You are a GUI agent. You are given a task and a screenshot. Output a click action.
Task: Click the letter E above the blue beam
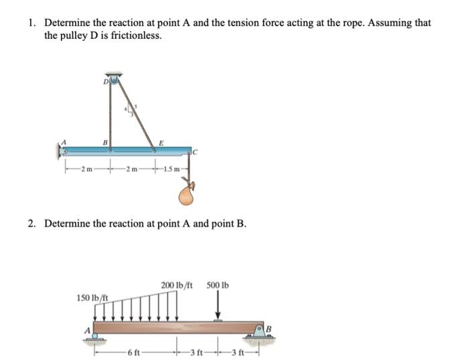click(159, 141)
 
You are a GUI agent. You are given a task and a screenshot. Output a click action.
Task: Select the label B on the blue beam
click(104, 142)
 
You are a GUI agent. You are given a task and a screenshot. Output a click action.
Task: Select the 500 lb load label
click(218, 286)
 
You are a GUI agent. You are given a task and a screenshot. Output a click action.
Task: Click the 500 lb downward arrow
click(218, 308)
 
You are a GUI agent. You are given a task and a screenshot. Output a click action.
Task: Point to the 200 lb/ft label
click(178, 286)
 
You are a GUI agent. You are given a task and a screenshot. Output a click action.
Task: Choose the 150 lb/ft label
click(92, 297)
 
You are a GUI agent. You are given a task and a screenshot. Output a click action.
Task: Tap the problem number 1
click(31, 23)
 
